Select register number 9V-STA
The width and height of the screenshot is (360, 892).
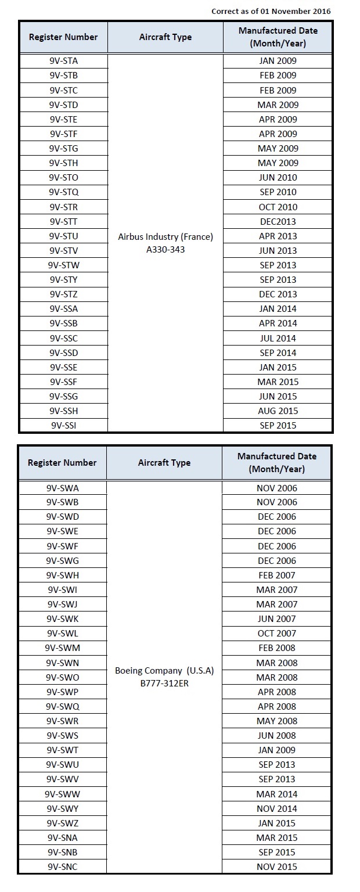click(64, 60)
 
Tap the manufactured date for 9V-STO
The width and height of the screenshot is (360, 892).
click(278, 178)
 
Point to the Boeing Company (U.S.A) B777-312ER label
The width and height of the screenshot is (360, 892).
click(164, 677)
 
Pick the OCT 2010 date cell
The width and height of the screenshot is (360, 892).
click(278, 207)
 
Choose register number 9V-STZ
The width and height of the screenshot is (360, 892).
click(64, 294)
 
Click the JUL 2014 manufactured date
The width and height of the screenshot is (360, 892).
click(278, 338)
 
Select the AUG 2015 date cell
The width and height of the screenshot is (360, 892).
click(278, 411)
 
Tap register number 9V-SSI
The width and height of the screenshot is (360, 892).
click(64, 426)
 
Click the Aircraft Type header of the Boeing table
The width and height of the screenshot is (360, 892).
click(164, 463)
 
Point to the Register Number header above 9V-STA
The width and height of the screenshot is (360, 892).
click(64, 37)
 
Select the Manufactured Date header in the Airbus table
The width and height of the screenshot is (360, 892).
click(278, 37)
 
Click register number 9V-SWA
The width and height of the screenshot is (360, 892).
click(63, 488)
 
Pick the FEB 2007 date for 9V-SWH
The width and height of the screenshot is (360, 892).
click(276, 576)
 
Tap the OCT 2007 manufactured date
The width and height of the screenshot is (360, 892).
click(276, 634)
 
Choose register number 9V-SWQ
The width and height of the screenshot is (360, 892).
click(63, 706)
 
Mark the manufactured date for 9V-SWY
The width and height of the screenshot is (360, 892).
click(276, 808)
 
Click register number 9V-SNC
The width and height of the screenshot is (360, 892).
click(63, 867)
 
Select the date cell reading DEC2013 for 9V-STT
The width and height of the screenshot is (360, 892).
click(278, 221)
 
